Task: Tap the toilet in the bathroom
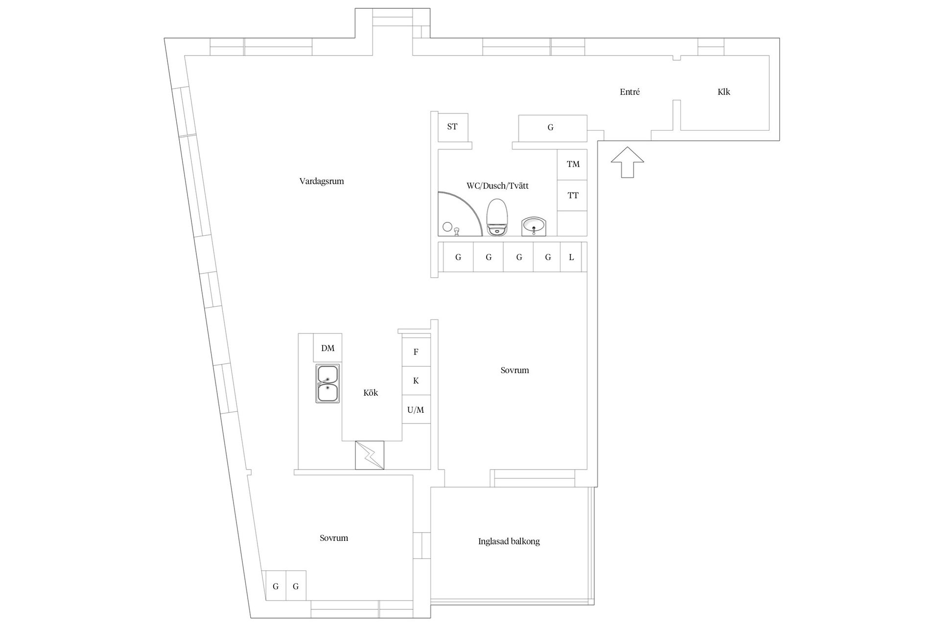click(497, 218)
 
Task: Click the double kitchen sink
click(328, 383)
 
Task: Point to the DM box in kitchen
click(328, 348)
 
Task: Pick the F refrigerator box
click(416, 352)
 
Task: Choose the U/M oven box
click(416, 410)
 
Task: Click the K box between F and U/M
click(416, 381)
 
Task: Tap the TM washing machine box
click(573, 164)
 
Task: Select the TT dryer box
click(573, 196)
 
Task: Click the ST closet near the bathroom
click(452, 127)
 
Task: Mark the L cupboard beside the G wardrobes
click(571, 257)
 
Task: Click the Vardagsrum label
click(322, 181)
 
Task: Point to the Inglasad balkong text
click(509, 541)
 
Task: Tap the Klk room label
click(724, 92)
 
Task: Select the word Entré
click(630, 92)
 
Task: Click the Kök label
click(371, 393)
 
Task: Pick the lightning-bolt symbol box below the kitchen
click(370, 455)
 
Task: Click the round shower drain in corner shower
click(447, 226)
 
